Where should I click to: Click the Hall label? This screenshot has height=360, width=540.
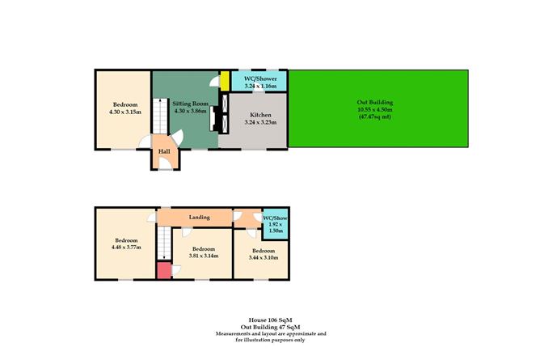[164, 151]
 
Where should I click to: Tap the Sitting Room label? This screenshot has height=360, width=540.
[191, 104]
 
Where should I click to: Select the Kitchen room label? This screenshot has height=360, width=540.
[260, 116]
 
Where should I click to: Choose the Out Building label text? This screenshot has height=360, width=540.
[374, 103]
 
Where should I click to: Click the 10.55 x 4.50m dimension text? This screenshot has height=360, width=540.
[374, 110]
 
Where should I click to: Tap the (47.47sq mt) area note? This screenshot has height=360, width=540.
[374, 117]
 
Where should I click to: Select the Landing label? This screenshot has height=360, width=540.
[200, 217]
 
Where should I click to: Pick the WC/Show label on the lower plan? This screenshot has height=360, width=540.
[275, 217]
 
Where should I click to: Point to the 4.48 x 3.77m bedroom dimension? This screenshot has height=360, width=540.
[125, 248]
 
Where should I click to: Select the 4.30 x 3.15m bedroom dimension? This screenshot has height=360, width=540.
[124, 112]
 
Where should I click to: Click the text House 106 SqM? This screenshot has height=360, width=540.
[270, 320]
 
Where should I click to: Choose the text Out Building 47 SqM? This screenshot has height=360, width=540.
[270, 327]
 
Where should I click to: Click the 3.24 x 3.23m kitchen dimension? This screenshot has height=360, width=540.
[260, 123]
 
